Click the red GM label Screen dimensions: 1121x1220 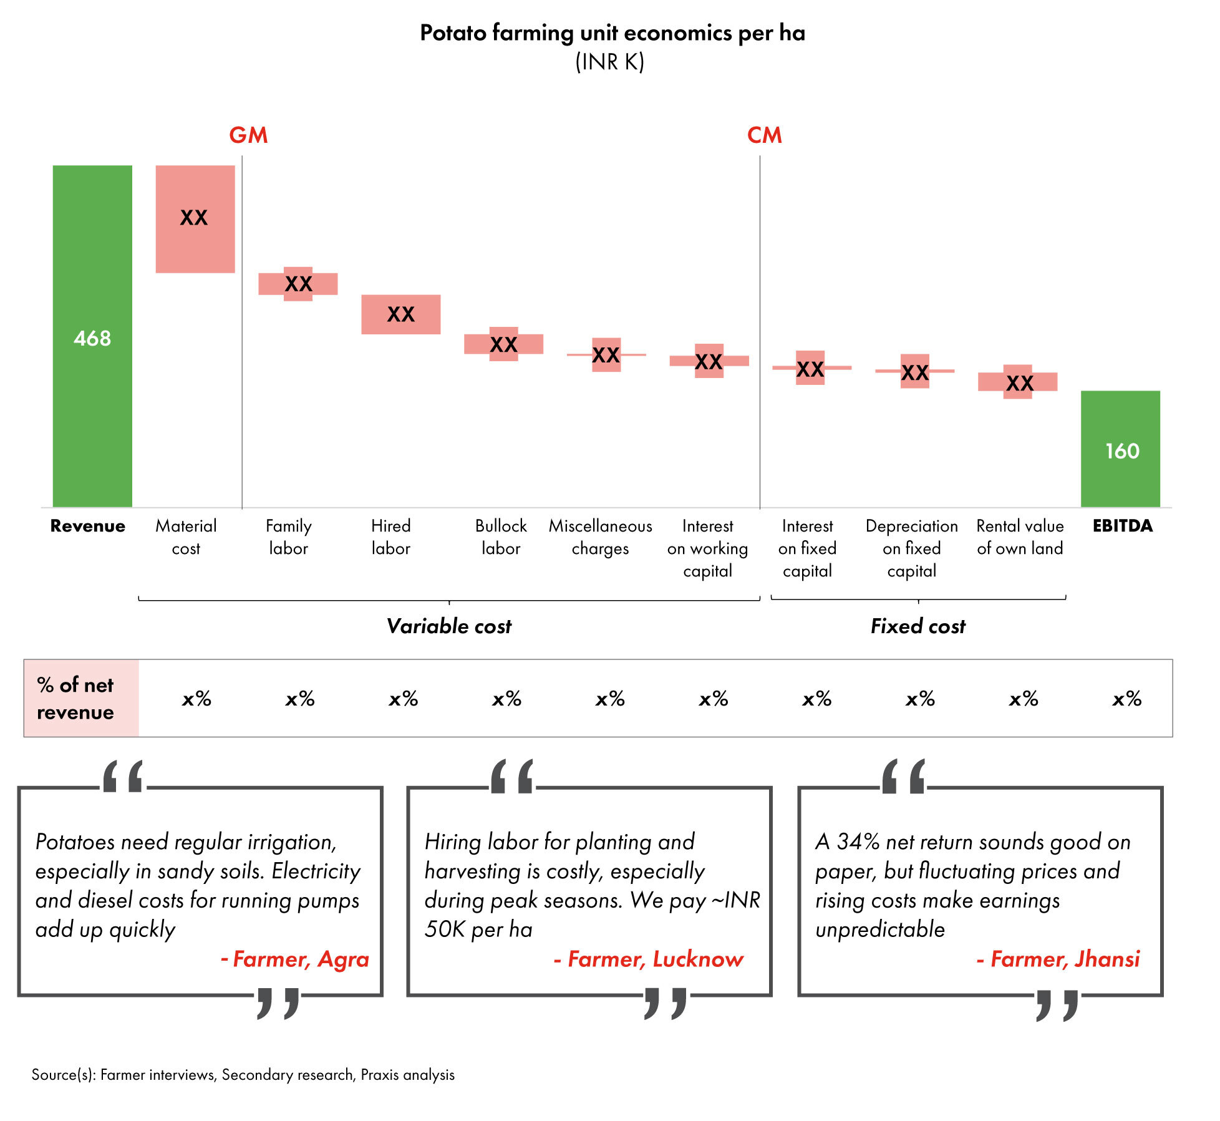point(248,135)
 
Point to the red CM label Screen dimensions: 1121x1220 point(764,135)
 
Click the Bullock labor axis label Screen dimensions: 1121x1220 point(501,537)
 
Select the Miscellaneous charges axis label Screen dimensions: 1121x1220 point(600,537)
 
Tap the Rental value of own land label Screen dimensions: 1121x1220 point(1020,537)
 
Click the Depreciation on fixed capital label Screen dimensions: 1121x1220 point(911,548)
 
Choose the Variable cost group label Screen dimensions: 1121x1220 point(448,626)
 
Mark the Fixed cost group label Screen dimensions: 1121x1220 point(917,626)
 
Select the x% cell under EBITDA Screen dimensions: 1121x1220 point(1126,699)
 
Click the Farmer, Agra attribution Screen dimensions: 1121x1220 point(295,959)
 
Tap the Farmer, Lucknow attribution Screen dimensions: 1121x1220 point(649,959)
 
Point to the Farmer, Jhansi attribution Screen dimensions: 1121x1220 point(1058,959)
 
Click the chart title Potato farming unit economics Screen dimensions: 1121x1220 point(612,32)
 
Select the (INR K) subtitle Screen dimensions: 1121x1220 point(609,62)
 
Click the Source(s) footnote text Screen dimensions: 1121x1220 point(243,1074)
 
